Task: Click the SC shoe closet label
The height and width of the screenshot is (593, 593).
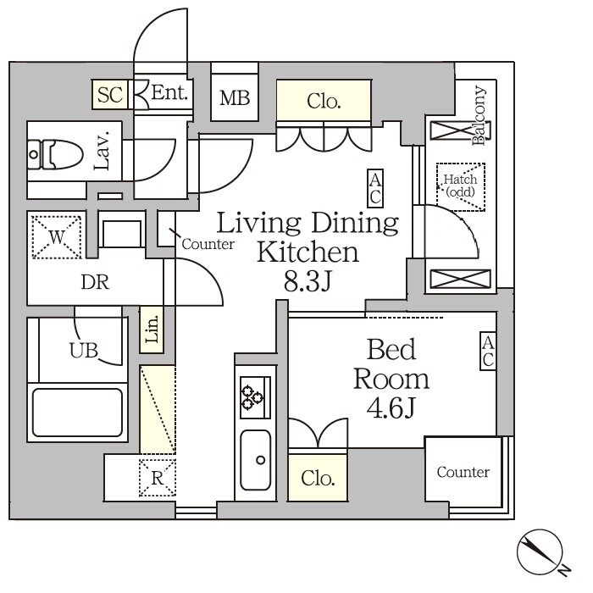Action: coord(109,94)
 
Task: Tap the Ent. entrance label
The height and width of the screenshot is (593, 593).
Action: coord(169,92)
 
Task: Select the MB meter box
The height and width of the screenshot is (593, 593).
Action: coord(235,97)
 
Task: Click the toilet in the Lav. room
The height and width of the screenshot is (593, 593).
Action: coord(56,154)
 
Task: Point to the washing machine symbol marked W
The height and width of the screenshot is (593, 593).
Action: coord(57,237)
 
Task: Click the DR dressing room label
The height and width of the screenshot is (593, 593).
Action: coord(95,282)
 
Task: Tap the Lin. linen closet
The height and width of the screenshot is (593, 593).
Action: coord(152,330)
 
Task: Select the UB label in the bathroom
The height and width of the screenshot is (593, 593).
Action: coord(84,350)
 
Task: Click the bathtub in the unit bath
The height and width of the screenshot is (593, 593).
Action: coord(78,413)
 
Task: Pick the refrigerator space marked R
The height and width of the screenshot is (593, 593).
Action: coord(158,478)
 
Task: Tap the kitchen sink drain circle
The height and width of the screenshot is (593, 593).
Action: coord(261,460)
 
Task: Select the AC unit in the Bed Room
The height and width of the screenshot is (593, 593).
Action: coord(488,352)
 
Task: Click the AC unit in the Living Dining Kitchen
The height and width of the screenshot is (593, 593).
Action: coord(375,188)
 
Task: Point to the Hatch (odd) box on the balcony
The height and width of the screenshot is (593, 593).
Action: coord(461,187)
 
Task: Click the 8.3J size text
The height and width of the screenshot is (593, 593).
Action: coord(308,281)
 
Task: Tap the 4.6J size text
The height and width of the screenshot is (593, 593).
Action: coord(391,407)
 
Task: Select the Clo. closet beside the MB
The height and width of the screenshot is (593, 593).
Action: coord(324,101)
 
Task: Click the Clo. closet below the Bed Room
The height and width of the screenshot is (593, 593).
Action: coord(318,478)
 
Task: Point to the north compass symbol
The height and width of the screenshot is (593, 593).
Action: coord(540,552)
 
